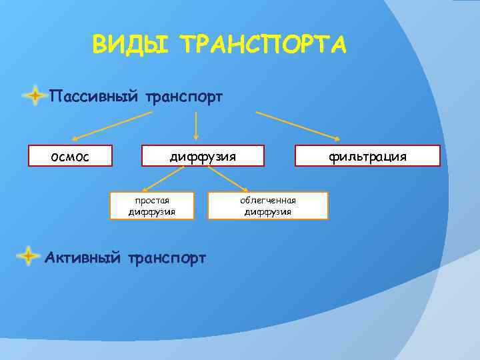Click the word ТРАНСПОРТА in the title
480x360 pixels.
tap(264, 45)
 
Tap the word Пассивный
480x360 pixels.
tap(93, 97)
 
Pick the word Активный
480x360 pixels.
tap(82, 257)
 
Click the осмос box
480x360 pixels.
tap(69, 156)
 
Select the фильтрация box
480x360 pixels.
tap(367, 156)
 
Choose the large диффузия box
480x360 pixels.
tap(202, 156)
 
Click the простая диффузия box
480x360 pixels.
tap(152, 206)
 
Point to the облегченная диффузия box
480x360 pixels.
tap(267, 206)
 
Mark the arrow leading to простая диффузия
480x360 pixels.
tap(163, 179)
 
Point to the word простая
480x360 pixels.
tap(152, 200)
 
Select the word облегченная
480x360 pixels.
tap(268, 200)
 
